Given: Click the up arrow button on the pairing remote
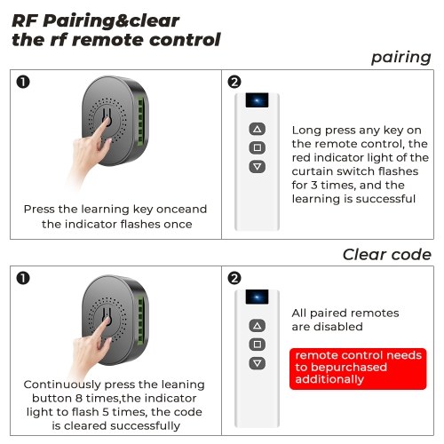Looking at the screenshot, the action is click(x=258, y=129).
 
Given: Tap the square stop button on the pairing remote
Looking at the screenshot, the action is click(x=258, y=147).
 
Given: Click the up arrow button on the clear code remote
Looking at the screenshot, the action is click(x=258, y=326).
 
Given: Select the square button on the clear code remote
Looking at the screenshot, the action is click(x=258, y=345).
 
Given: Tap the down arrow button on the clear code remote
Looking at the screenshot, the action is click(x=258, y=363).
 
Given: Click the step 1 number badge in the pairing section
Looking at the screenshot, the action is click(x=23, y=82).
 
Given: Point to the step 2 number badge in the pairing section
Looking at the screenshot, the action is click(x=234, y=82).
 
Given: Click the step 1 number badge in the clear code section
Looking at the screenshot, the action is click(x=23, y=278).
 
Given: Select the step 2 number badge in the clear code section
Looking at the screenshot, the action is click(x=234, y=278).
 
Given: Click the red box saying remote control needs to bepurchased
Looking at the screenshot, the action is click(x=358, y=369).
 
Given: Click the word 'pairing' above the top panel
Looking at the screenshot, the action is click(x=401, y=58).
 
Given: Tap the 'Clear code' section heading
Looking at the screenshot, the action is click(x=387, y=255).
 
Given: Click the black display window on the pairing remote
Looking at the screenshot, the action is click(x=257, y=100).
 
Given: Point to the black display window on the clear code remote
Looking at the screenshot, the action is click(x=257, y=297).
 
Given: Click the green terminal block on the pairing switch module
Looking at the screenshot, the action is click(x=141, y=121).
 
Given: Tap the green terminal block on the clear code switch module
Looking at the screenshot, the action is click(x=141, y=320).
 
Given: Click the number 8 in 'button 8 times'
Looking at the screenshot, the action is click(x=78, y=398).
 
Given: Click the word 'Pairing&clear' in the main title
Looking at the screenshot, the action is click(x=111, y=21).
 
